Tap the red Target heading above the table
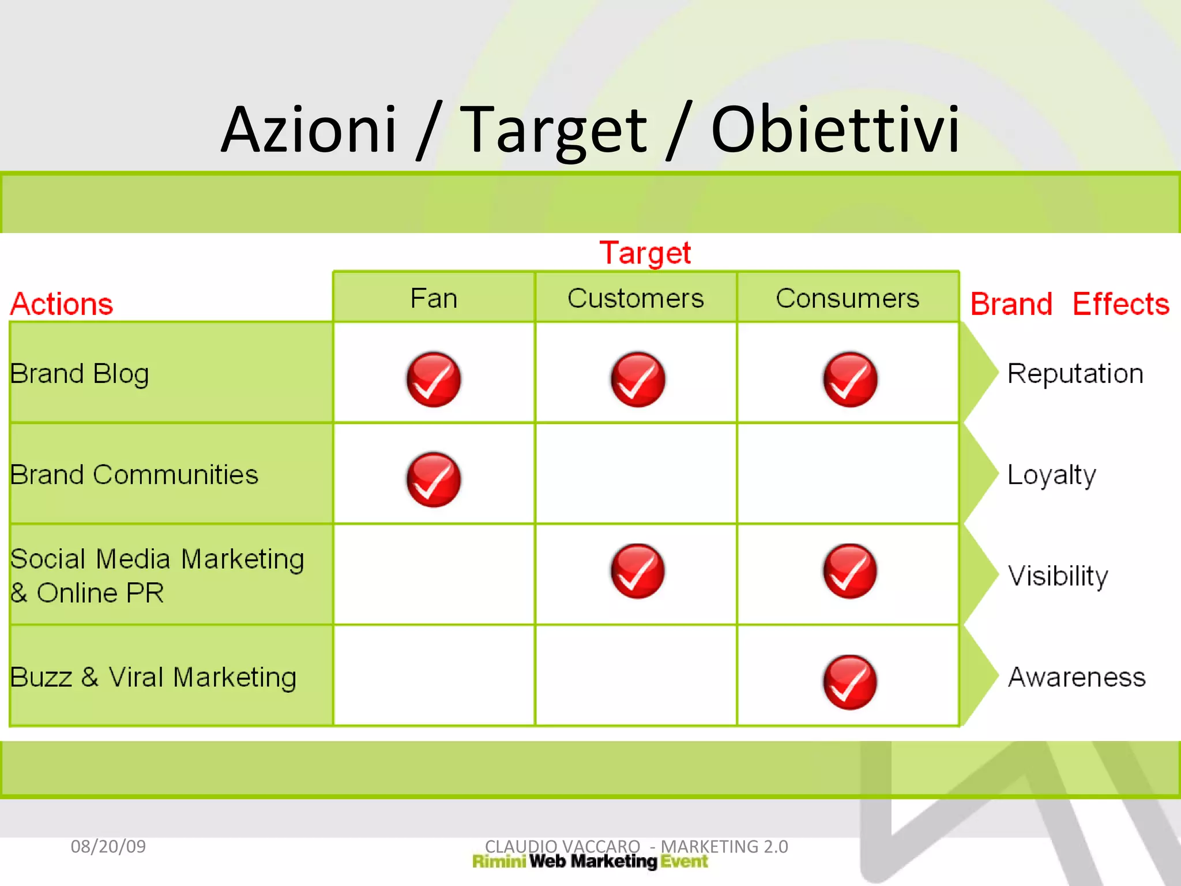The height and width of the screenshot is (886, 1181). [645, 253]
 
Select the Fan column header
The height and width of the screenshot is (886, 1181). [434, 298]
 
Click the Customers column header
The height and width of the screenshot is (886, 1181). [635, 298]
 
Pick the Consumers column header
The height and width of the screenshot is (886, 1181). [847, 298]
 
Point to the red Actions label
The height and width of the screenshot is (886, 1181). [62, 304]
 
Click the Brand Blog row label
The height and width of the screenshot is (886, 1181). [80, 374]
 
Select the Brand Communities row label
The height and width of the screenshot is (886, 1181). [134, 475]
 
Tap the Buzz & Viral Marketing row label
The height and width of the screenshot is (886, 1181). [153, 677]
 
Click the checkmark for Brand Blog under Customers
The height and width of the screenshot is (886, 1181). [638, 380]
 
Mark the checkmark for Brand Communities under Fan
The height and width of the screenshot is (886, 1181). [434, 480]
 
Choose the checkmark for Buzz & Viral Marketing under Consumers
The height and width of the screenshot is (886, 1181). [850, 682]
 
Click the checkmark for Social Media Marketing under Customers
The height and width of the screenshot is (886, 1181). [637, 571]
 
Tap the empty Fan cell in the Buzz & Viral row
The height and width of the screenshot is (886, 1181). [434, 675]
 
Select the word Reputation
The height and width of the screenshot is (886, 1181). [1075, 374]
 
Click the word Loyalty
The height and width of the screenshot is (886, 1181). [1051, 475]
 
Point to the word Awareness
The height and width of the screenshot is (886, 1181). [1076, 677]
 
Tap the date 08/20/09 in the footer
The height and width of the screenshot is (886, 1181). [108, 846]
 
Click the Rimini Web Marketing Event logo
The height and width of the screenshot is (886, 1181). [589, 862]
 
